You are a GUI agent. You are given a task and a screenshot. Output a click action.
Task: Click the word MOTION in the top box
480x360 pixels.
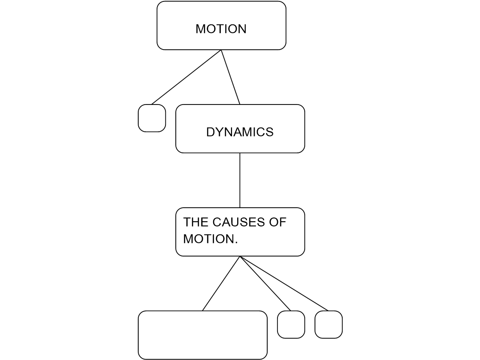221,29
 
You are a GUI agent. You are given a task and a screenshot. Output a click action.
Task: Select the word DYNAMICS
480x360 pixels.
240,132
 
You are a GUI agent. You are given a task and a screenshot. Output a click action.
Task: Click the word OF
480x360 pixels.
277,222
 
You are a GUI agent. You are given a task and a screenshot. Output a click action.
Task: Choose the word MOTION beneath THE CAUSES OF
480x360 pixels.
208,239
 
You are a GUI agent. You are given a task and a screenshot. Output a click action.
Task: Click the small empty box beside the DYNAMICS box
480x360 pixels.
152,118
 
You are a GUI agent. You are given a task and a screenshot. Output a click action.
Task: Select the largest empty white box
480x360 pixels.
202,335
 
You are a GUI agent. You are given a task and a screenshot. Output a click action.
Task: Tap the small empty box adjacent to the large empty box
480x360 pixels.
291,324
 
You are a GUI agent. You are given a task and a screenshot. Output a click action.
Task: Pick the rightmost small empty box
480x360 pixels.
328,324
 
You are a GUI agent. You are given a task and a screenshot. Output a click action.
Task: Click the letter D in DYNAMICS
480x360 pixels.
210,132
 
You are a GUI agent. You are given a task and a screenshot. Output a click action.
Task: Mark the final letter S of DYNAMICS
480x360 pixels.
270,132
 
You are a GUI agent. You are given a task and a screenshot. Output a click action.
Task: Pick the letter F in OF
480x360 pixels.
282,222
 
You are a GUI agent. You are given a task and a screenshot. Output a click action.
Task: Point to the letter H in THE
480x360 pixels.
195,222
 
